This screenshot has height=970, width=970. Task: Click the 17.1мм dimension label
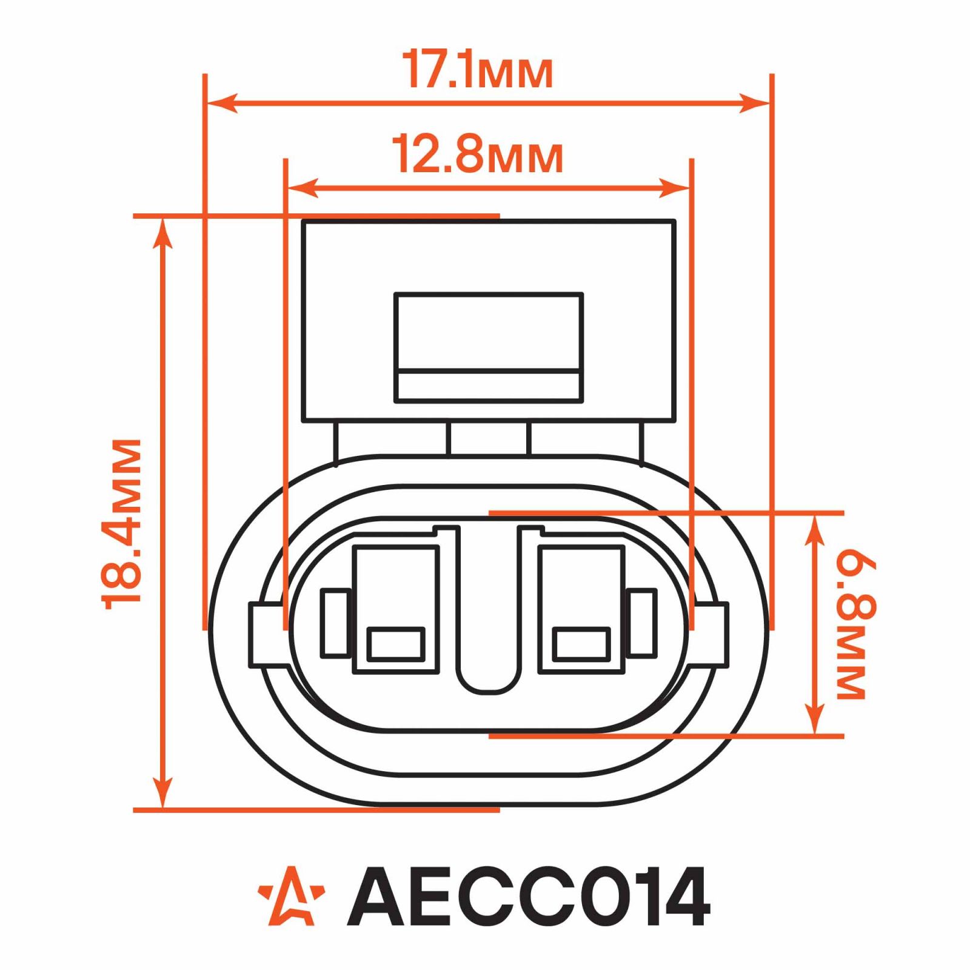point(478,71)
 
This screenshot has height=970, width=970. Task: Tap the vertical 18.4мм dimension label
point(122,524)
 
